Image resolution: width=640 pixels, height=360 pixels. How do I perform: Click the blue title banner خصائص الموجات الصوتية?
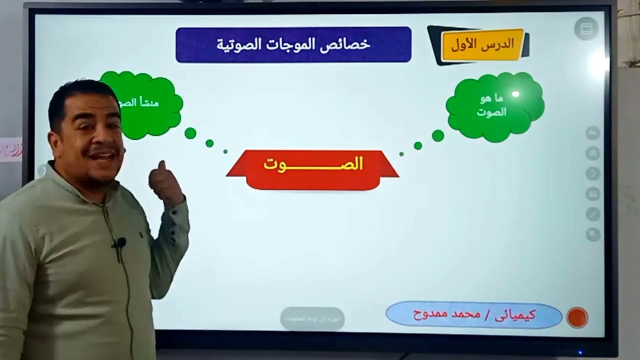point(293,44)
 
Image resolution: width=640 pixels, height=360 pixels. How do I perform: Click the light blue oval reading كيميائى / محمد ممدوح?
point(474,315)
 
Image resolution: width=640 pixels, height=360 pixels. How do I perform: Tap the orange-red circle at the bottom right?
point(577,317)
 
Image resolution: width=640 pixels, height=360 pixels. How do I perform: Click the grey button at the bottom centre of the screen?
point(312,318)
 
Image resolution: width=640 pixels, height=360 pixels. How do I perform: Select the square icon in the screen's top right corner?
point(586,29)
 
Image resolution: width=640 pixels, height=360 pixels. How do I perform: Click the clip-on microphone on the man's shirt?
point(120,243)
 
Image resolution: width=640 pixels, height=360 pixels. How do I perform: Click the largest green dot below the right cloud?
point(438,135)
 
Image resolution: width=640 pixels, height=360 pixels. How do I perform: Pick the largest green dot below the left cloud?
point(190,133)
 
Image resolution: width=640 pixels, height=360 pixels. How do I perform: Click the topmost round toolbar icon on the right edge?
point(593,132)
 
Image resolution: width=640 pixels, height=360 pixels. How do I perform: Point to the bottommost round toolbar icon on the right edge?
point(593,234)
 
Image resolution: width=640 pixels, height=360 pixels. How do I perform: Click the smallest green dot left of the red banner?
point(225,151)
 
